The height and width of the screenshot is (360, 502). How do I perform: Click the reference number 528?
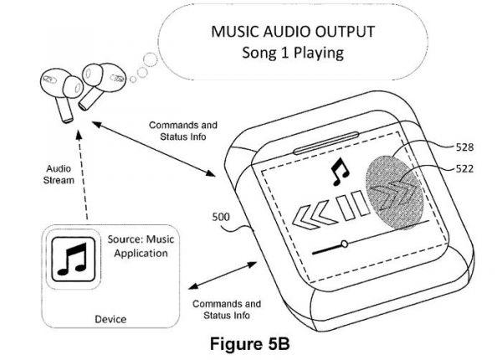point(466,147)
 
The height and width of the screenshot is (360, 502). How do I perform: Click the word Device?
point(110,319)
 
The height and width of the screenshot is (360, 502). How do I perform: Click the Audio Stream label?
point(59,172)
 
